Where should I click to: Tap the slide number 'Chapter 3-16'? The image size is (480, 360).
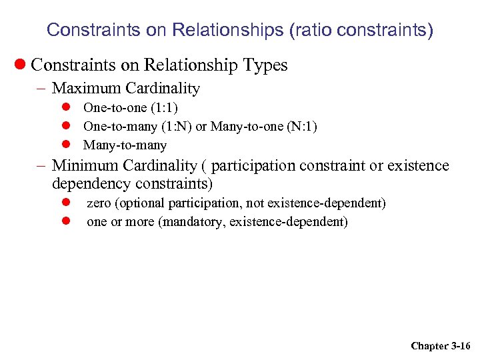click(x=440, y=345)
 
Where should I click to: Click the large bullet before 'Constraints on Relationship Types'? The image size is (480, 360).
click(x=21, y=65)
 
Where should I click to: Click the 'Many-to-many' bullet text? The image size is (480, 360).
click(x=125, y=145)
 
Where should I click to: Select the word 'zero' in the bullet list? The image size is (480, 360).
click(x=99, y=203)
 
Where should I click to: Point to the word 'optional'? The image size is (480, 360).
click(x=141, y=203)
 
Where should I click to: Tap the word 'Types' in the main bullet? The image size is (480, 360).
click(x=265, y=65)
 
